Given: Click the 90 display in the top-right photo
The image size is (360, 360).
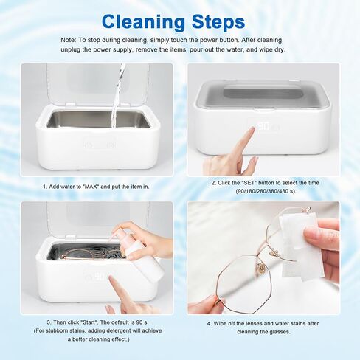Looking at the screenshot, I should pos(263,127).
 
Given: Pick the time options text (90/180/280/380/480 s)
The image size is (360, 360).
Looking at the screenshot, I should pos(263,190).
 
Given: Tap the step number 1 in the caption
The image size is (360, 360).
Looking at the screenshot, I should pos(44,186).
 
